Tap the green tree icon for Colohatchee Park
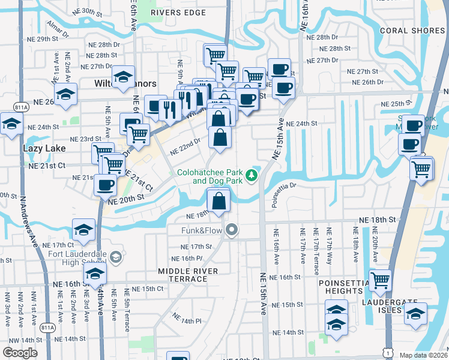253,175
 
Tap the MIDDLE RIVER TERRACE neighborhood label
188,275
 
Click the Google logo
20,352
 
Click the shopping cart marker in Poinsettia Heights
381,280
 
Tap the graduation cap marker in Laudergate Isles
415,314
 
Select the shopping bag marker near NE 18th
219,200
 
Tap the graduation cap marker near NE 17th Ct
84,230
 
